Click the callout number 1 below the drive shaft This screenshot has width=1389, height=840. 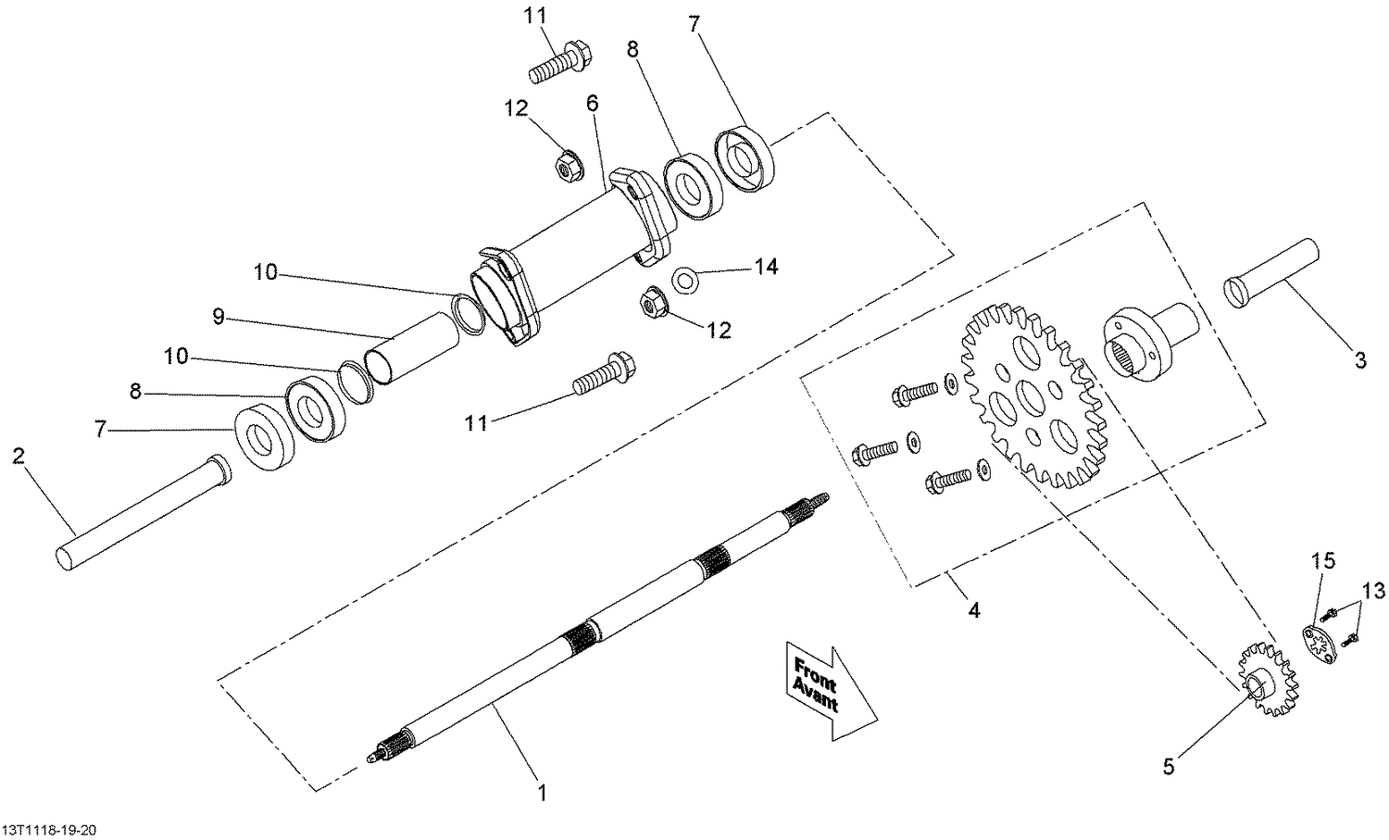coord(543,793)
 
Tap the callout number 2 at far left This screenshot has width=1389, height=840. coord(19,456)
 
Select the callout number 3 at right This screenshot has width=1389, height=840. coord(1359,361)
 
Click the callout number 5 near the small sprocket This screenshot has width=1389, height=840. coord(1169,766)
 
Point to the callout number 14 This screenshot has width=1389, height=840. coord(766,268)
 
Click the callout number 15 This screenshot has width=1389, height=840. coord(1323,560)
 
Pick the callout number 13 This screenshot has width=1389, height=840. coord(1372,590)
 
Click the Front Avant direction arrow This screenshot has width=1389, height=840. coord(826,688)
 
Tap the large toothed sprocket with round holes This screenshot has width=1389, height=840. coord(1031,399)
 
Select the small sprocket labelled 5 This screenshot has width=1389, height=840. coord(1268,683)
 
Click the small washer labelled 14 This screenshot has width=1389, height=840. coord(686,279)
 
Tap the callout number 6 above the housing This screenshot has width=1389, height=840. coord(593,103)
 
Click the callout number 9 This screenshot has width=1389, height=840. coord(219,318)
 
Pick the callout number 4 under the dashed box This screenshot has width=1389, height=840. coord(973,610)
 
